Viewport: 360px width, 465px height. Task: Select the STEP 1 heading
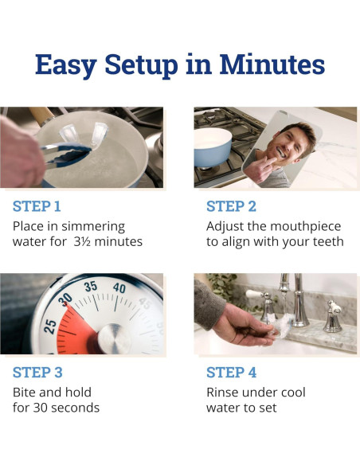(37, 206)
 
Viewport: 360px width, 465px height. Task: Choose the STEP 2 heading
(231, 206)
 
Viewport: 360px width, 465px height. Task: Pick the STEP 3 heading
(37, 372)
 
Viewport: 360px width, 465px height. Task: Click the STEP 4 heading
(231, 372)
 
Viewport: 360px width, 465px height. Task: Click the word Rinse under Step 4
(224, 392)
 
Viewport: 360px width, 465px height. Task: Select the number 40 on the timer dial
(119, 288)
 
